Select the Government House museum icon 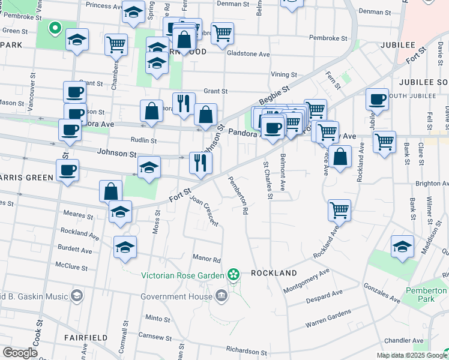pyautogui.click(x=221, y=296)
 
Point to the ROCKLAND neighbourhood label pyautogui.click(x=274, y=273)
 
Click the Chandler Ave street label pyautogui.click(x=401, y=340)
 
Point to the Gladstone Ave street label pyautogui.click(x=248, y=53)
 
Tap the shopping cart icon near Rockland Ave pyautogui.click(x=340, y=210)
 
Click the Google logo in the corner pyautogui.click(x=20, y=353)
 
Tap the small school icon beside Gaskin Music pyautogui.click(x=77, y=296)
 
